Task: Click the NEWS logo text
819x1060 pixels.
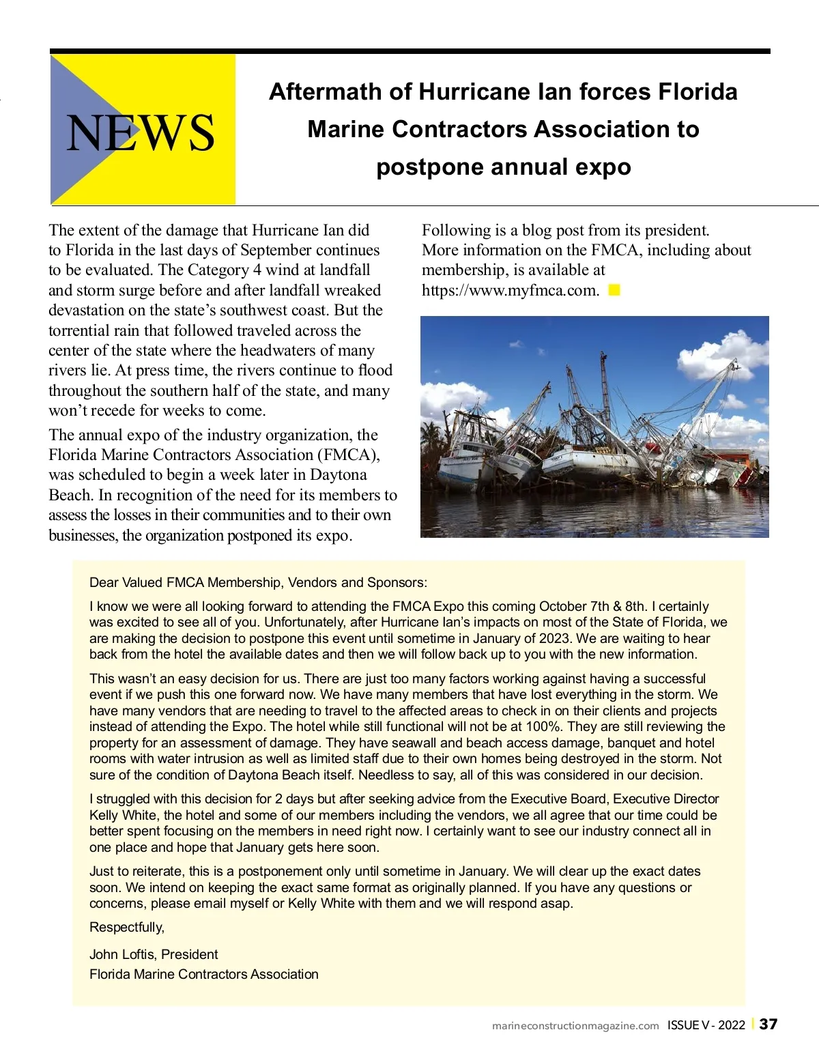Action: (x=141, y=132)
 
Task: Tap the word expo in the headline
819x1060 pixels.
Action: (x=601, y=167)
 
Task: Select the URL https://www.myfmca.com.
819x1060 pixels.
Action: (x=510, y=290)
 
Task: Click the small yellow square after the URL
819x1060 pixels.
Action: (x=614, y=290)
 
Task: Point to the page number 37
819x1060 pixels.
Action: (x=768, y=1024)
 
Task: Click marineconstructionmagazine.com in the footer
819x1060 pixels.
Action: (x=575, y=1025)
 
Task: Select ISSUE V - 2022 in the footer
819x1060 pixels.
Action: (x=706, y=1025)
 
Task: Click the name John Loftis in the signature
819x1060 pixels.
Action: (x=122, y=954)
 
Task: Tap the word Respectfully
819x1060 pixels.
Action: (x=127, y=927)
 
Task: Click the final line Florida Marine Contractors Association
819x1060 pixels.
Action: (x=203, y=974)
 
